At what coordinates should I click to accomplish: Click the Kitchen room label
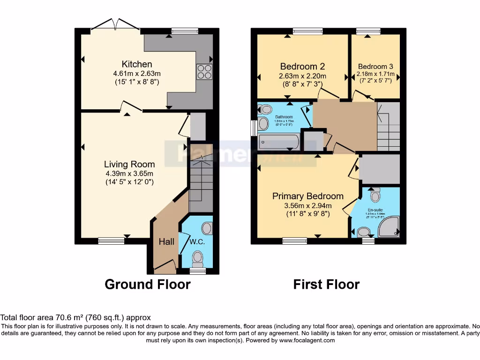pos(137,64)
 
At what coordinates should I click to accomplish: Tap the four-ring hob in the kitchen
pos(204,72)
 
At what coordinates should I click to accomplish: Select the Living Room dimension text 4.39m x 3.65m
pos(130,173)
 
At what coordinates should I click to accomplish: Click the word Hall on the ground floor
pos(166,242)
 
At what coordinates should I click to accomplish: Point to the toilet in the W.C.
pos(198,257)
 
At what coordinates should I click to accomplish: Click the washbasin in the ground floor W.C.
pos(207,228)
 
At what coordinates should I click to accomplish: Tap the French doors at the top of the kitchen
pos(115,26)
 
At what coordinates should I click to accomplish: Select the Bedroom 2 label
pos(302,67)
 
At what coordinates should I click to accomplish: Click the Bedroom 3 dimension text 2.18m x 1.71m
pos(375,74)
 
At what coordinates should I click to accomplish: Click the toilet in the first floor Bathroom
pos(266,110)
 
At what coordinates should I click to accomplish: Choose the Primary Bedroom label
pos(308,196)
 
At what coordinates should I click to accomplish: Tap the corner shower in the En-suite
pos(391,227)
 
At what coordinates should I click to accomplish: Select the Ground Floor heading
pos(147,284)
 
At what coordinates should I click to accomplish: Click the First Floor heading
pos(326,284)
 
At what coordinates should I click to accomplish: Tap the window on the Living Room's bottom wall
pos(112,241)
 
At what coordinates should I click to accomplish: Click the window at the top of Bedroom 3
pos(368,31)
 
